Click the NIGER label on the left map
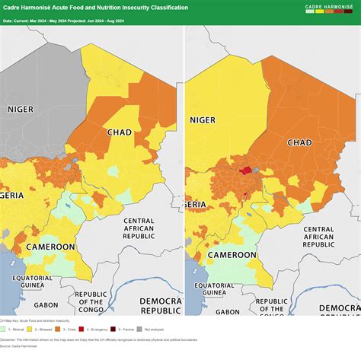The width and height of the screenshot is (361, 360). pyautogui.click(x=21, y=110)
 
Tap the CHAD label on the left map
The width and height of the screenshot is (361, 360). pyautogui.click(x=120, y=132)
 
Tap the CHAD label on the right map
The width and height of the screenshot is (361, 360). pyautogui.click(x=299, y=143)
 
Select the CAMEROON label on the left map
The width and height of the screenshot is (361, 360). pyautogui.click(x=50, y=247)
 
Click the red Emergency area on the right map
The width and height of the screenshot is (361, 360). pyautogui.click(x=245, y=170)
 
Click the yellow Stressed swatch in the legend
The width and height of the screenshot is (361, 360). pyautogui.click(x=29, y=330)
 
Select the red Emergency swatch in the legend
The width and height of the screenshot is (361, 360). pyautogui.click(x=80, y=330)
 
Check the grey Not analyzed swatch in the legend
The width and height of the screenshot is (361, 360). pyautogui.click(x=138, y=330)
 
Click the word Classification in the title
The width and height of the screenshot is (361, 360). pyautogui.click(x=160, y=8)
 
